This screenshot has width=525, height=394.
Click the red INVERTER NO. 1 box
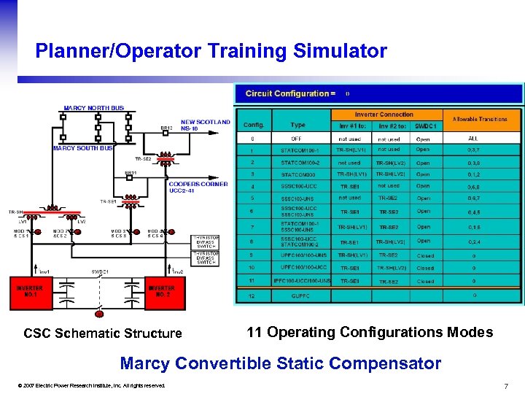point(30,293)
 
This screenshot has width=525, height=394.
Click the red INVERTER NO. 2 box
point(162,293)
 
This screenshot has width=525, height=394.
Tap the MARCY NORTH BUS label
point(93,108)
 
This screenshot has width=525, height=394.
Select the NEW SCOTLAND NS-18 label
point(205,125)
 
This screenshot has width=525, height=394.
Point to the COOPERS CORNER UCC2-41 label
point(198,188)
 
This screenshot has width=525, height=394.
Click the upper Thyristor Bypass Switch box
point(205,242)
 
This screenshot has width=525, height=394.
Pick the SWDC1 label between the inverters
point(100,271)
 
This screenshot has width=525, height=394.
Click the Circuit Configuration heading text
point(290,93)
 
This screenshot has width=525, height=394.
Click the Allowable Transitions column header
point(479,119)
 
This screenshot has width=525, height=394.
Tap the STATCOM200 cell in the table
point(299,174)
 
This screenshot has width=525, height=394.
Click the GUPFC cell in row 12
point(299,295)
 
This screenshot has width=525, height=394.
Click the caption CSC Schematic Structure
point(103,333)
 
